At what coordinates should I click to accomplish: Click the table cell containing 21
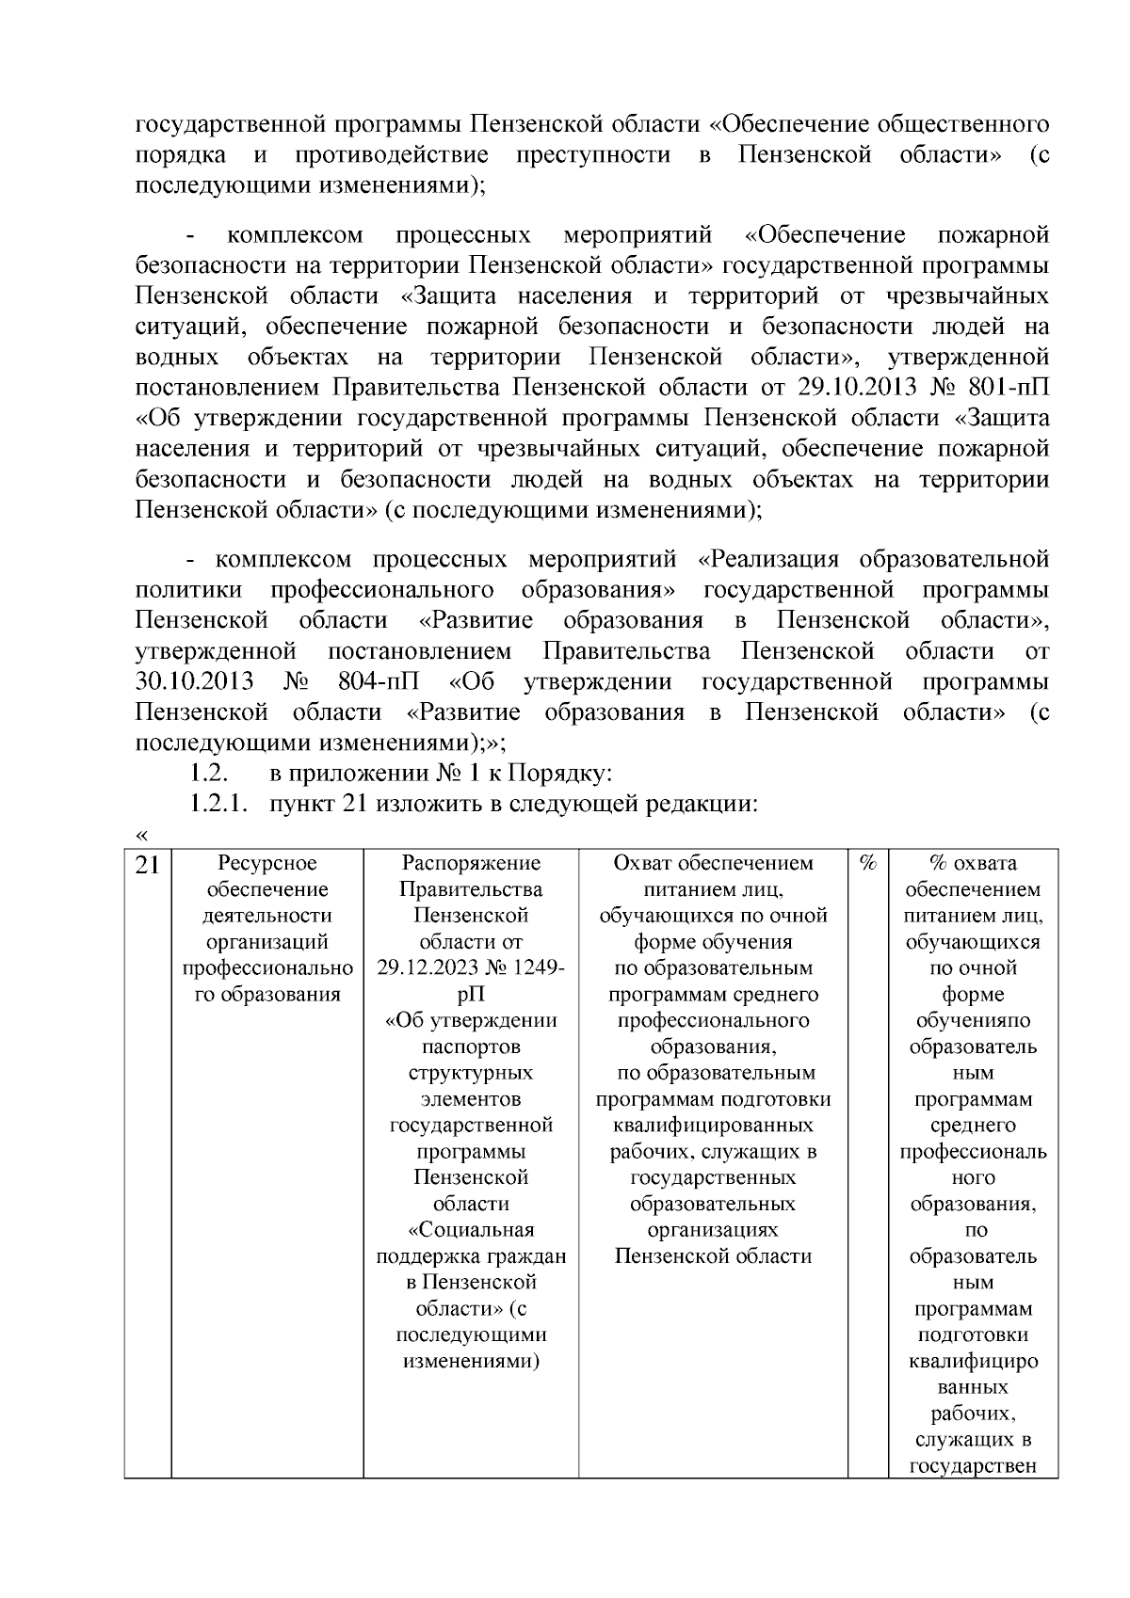(147, 864)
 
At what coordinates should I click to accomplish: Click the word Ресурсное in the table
(267, 863)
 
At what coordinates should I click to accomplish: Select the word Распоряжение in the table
(471, 863)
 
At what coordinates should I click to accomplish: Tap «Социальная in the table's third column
(471, 1230)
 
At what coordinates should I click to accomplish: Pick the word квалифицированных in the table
(713, 1126)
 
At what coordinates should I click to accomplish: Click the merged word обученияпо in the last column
(973, 1021)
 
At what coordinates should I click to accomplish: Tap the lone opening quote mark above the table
(142, 835)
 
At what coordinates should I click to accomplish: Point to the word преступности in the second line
(593, 154)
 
